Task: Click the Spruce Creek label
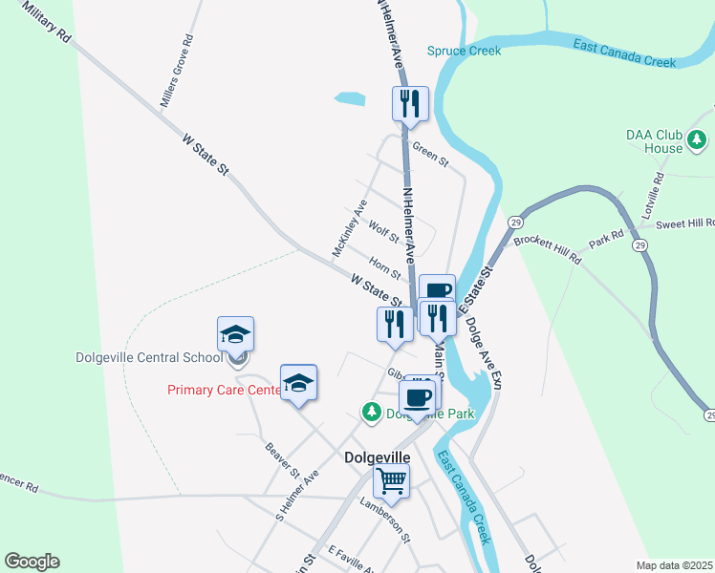click(x=464, y=51)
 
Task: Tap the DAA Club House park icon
click(x=697, y=141)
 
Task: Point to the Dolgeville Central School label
click(x=142, y=357)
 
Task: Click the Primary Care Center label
click(x=225, y=390)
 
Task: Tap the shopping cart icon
click(x=391, y=481)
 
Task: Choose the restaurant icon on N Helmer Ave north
click(x=410, y=102)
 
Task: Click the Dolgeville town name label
click(x=377, y=457)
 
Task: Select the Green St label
click(x=430, y=155)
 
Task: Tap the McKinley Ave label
click(x=349, y=228)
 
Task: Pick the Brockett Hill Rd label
click(x=548, y=250)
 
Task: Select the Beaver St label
click(x=283, y=461)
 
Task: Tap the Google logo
click(x=32, y=562)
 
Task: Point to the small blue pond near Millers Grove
click(x=350, y=97)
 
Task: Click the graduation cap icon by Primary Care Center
click(x=298, y=383)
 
